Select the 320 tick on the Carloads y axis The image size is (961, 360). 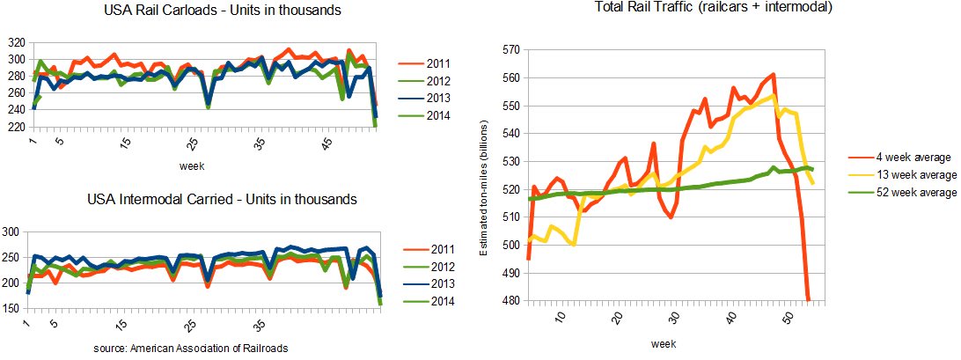tap(16, 43)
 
